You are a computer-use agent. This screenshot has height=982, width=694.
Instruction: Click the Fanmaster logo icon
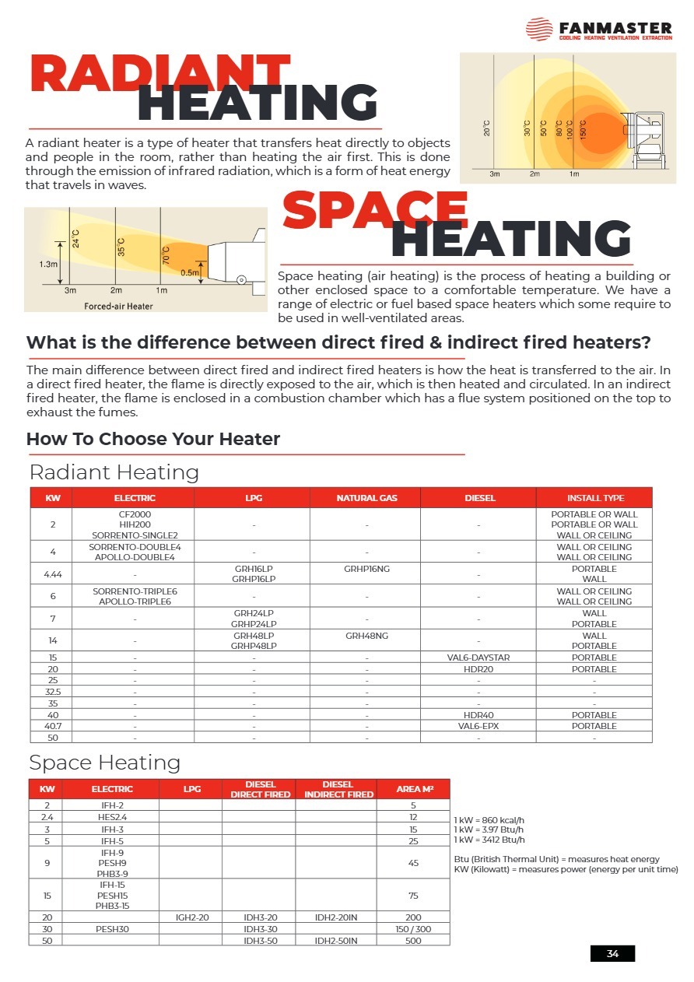click(539, 30)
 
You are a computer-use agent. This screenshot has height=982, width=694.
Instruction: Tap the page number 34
click(612, 954)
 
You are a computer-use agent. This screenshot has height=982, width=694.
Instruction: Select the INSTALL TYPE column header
click(595, 498)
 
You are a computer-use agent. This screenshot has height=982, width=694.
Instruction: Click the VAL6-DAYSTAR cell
click(479, 658)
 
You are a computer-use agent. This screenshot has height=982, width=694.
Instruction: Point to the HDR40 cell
click(479, 715)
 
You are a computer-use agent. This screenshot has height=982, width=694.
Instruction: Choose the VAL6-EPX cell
click(479, 726)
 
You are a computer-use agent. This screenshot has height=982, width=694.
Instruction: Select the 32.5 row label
click(52, 692)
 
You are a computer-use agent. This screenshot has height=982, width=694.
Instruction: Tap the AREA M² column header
click(414, 789)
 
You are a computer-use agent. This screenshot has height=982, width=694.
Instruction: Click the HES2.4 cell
click(113, 817)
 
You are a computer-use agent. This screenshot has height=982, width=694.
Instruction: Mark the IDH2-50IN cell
click(337, 941)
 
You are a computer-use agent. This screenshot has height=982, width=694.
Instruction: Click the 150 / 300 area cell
click(414, 929)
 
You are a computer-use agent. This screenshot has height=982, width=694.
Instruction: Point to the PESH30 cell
click(113, 929)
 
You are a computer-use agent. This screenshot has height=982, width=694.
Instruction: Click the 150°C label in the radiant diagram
click(584, 128)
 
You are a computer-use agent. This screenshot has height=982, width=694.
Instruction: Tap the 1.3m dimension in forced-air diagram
click(47, 264)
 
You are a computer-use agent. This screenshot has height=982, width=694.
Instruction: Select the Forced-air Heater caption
click(118, 306)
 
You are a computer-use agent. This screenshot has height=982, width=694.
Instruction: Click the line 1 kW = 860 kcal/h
click(489, 820)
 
